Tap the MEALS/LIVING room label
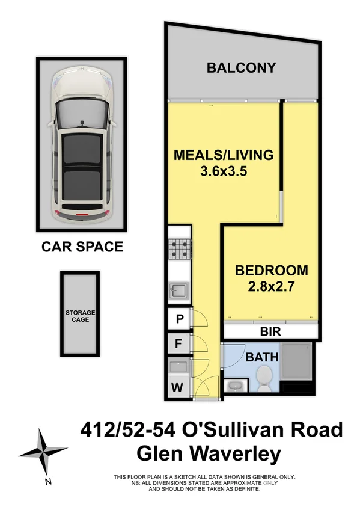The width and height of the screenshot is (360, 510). (223, 155)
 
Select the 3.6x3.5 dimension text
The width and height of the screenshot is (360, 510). (223, 170)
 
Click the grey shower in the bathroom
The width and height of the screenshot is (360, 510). (297, 363)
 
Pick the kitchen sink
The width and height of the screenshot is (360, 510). (178, 290)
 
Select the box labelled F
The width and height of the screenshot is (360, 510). (178, 345)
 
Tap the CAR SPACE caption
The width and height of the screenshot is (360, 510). (82, 247)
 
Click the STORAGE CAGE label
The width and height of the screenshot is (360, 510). (81, 316)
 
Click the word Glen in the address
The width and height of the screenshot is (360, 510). (169, 452)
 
